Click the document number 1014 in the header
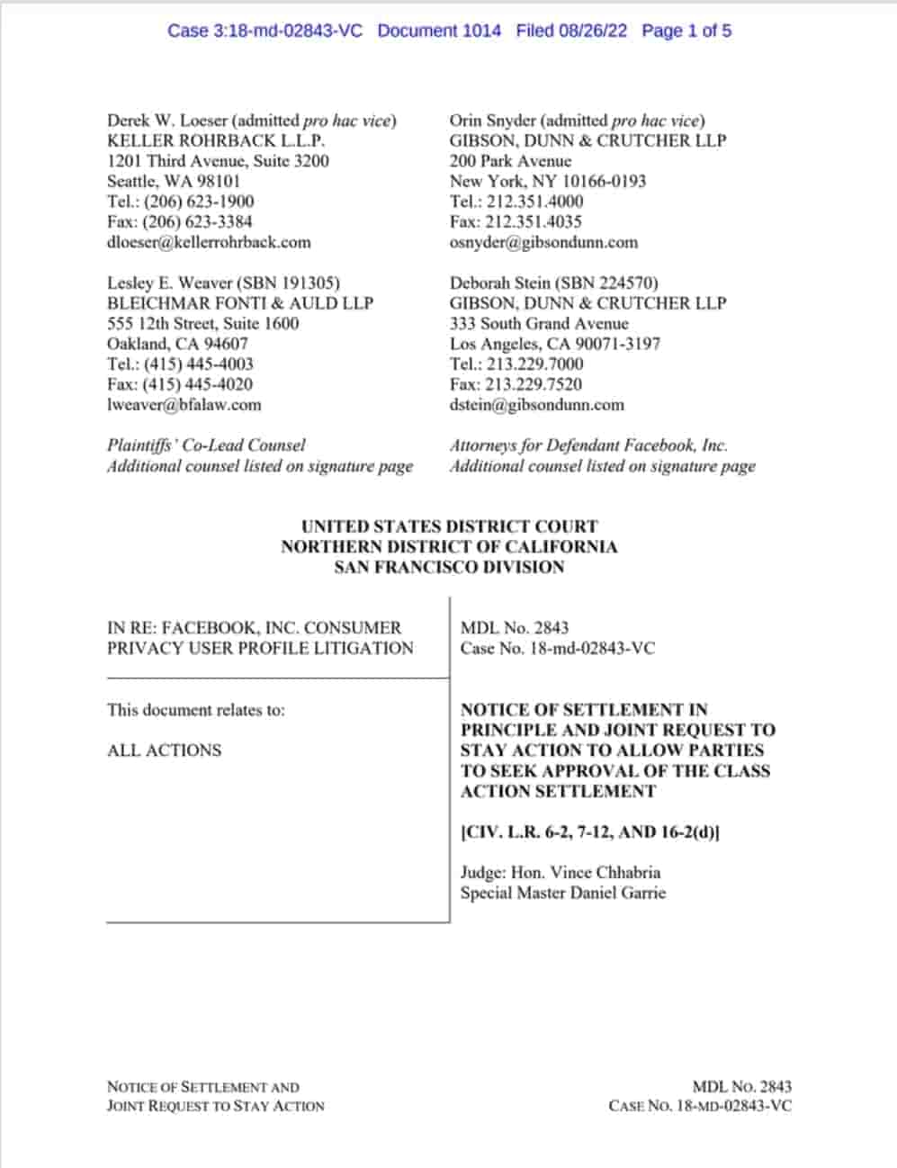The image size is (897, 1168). [x=481, y=31]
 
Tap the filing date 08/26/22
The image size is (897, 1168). [x=592, y=31]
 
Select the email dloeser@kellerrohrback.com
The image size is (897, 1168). [x=209, y=242]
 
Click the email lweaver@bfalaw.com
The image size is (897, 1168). [x=184, y=405]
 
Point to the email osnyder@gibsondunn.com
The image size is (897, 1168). [x=543, y=242]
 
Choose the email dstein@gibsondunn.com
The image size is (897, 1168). [x=537, y=405]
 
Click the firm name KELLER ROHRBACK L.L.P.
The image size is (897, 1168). [x=216, y=140]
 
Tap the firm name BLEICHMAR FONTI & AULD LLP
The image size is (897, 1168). [x=240, y=303]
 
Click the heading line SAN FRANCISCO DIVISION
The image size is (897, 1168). [x=449, y=568]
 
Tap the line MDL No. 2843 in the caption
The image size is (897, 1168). [x=515, y=628]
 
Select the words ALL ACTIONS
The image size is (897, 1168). [x=164, y=750]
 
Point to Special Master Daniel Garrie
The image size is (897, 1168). [x=563, y=894]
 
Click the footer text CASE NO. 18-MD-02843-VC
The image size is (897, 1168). [x=700, y=1106]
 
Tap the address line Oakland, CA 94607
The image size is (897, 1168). [x=177, y=344]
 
